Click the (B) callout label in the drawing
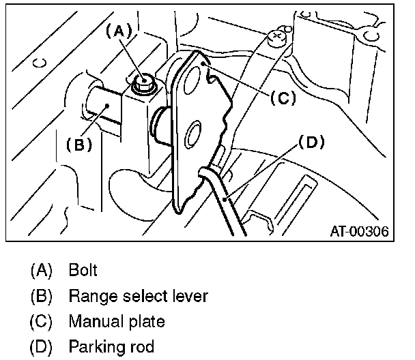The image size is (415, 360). [x=78, y=144]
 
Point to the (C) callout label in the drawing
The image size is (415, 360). [x=281, y=97]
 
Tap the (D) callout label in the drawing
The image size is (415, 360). [x=311, y=142]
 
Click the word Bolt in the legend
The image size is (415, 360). [x=83, y=269]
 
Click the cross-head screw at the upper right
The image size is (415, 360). [x=278, y=37]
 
